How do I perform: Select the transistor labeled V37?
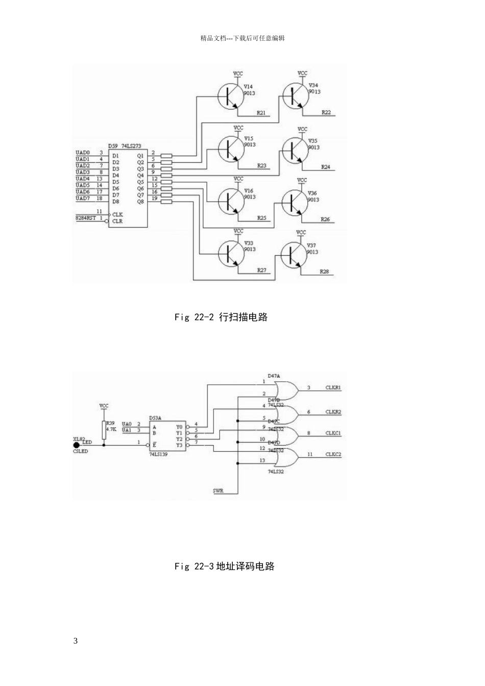pos(293,254)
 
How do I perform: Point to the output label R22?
pos(326,112)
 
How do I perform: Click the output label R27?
pos(261,270)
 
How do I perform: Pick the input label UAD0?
pos(83,153)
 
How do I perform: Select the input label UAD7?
pos(83,199)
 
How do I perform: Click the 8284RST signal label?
pos(85,218)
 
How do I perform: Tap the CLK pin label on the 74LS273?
pos(117,214)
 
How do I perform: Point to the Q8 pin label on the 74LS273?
pos(140,202)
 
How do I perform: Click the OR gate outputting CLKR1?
pos(286,390)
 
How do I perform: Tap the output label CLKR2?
pos(333,412)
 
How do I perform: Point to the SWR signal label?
pos(218,491)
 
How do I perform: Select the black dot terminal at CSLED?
pos(77,445)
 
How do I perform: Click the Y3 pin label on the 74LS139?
pos(179,446)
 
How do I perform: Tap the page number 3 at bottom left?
pos(76,641)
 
